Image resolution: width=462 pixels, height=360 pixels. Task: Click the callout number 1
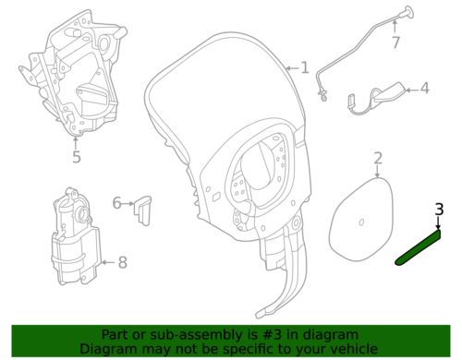click(305, 67)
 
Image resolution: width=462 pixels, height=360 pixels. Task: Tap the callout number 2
click(378, 158)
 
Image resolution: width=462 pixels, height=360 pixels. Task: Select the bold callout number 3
click(439, 210)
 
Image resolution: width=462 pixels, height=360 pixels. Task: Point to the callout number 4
click(425, 89)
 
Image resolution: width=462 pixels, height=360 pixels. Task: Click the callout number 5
click(77, 157)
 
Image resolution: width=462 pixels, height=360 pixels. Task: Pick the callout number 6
click(116, 203)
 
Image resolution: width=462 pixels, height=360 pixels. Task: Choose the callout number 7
click(395, 42)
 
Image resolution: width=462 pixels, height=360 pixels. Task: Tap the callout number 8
click(123, 262)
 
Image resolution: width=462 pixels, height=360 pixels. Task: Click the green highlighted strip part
click(418, 248)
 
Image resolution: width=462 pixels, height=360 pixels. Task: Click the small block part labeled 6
click(142, 210)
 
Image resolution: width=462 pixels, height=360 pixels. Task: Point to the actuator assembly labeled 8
click(77, 237)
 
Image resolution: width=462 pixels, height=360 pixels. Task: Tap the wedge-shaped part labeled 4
click(377, 99)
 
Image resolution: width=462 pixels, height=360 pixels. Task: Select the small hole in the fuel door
click(362, 222)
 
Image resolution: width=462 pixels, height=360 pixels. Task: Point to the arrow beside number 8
click(108, 262)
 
